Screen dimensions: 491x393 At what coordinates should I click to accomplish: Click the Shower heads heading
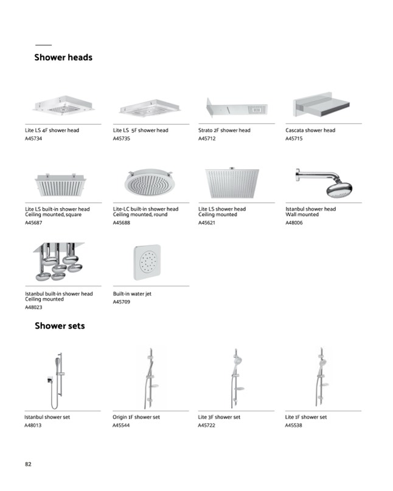coord(63,58)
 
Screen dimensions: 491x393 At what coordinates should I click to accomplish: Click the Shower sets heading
coord(60,326)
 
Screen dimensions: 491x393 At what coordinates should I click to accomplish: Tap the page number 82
coord(28,464)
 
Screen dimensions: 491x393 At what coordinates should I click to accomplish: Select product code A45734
coord(34,139)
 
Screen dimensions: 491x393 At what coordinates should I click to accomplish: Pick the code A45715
coord(294,139)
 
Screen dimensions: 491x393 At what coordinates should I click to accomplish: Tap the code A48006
coord(294,223)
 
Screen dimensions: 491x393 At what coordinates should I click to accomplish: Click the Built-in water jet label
coord(132,294)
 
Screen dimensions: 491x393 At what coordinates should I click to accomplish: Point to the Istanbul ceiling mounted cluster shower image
coord(57,262)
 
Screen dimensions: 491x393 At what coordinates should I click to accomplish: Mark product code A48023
coord(34,308)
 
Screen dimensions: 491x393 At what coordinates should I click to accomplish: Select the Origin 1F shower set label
coord(136,417)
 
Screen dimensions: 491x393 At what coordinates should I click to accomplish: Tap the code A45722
coord(207,425)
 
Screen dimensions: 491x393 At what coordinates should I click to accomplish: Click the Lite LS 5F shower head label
coord(141,130)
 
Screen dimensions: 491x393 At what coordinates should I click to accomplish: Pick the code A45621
coord(207,223)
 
